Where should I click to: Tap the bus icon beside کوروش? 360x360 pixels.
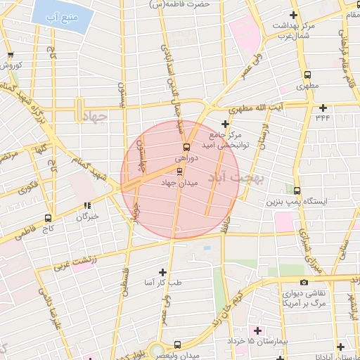pos(10,56)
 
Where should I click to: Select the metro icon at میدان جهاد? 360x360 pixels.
pos(179,171)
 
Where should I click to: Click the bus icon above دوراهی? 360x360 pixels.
pos(186,147)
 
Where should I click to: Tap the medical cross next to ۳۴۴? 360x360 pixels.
pos(323,108)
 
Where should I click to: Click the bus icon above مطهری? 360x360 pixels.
pos(307,75)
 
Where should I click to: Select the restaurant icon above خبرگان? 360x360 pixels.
pos(87,206)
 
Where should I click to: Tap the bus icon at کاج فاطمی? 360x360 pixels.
pos(48,218)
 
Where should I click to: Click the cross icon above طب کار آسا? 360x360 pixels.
pos(163,272)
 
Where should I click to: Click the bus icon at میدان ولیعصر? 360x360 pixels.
pos(176,345)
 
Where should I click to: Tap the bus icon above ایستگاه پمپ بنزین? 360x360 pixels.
pos(297,191)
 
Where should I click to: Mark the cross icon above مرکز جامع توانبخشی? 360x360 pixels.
pos(225,124)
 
